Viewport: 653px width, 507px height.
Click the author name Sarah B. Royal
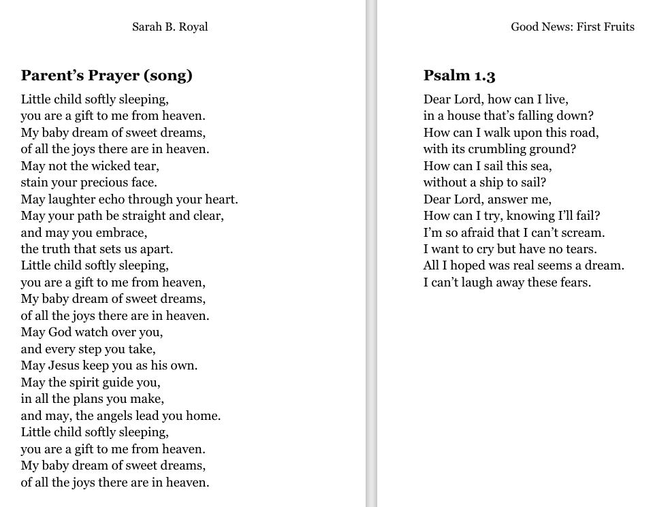pyautogui.click(x=170, y=27)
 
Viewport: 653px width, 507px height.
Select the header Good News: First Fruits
pyautogui.click(x=572, y=27)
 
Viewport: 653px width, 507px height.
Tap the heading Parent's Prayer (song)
pyautogui.click(x=106, y=76)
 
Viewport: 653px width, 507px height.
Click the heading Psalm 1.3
pyautogui.click(x=459, y=76)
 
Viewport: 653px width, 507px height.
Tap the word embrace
pyautogui.click(x=123, y=233)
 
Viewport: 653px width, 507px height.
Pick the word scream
pyautogui.click(x=583, y=233)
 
